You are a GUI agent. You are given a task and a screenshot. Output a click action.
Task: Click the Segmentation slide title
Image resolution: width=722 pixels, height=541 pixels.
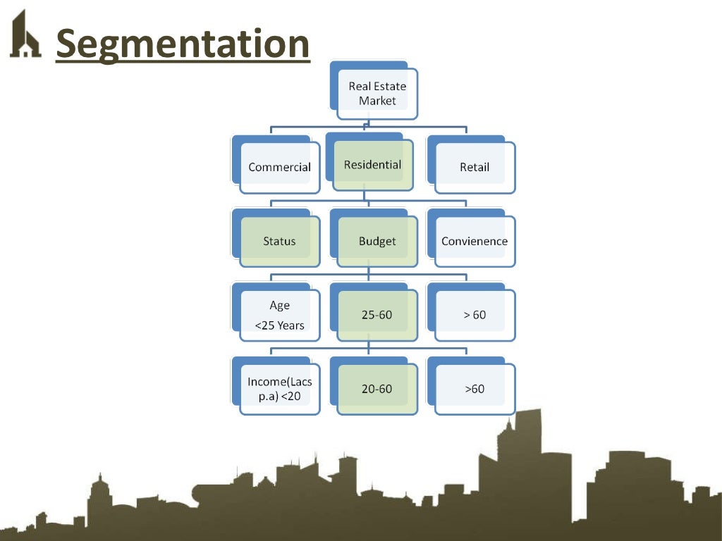183,44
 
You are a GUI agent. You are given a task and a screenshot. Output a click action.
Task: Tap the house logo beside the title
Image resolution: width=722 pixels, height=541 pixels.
25,35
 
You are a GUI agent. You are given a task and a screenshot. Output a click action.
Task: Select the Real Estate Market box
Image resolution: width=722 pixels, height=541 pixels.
377,93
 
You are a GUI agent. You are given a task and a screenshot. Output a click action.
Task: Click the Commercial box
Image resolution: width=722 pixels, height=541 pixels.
279,168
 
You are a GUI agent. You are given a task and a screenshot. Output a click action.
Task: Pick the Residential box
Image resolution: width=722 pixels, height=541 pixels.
372,165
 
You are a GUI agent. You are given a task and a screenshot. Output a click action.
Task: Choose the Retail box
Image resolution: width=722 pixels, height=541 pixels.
475,168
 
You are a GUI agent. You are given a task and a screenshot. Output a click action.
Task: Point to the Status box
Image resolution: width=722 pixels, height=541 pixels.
279,241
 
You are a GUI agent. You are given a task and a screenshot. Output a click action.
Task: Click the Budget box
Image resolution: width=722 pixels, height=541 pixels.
377,241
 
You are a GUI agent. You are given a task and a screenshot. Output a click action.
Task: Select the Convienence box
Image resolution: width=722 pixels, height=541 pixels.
475,241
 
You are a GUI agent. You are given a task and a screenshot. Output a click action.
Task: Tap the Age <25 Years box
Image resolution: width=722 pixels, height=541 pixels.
279,315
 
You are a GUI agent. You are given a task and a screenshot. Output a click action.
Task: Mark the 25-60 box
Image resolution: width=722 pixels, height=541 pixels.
377,315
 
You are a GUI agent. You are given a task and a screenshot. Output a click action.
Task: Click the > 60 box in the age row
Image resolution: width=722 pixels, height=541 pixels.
475,315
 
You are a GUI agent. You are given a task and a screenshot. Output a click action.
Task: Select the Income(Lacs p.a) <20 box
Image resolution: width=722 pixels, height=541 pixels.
279,389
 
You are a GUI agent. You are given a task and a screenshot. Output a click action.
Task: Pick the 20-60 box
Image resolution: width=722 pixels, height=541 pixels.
377,389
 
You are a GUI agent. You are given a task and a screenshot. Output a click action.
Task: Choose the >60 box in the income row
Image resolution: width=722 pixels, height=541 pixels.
475,389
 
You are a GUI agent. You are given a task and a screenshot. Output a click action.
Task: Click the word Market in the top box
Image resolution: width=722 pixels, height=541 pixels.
377,101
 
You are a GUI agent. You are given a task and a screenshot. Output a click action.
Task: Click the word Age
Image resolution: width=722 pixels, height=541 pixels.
279,306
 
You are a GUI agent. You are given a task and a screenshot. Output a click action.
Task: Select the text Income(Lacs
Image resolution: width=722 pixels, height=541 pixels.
279,381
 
